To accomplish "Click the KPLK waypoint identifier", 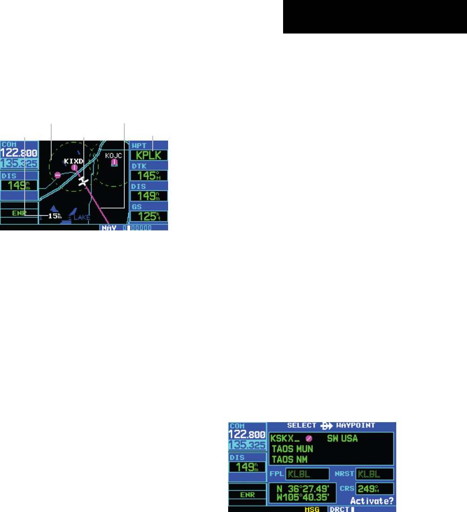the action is (x=149, y=155).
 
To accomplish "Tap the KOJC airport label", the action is (x=113, y=155).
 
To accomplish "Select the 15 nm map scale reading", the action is (x=55, y=216).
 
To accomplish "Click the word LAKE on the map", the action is (x=81, y=217).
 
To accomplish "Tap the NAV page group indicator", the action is (x=109, y=229).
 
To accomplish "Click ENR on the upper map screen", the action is (x=19, y=213).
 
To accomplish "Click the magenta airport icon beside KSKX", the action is (x=309, y=438).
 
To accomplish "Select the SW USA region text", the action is (x=342, y=438).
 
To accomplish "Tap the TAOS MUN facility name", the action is (x=292, y=449).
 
